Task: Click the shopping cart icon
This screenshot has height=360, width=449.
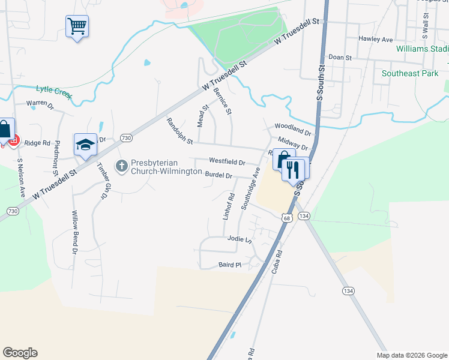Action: (x=77, y=26)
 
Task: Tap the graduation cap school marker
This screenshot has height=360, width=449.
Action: (x=85, y=145)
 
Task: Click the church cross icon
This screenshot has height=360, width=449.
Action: (x=122, y=165)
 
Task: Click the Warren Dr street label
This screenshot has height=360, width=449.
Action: (x=40, y=104)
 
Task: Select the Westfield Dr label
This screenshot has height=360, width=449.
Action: (x=227, y=162)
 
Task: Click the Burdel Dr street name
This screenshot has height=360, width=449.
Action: (x=218, y=175)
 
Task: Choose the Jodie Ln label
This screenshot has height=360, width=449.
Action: (x=239, y=238)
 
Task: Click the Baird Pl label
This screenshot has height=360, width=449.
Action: (x=229, y=264)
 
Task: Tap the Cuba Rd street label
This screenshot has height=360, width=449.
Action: (x=277, y=262)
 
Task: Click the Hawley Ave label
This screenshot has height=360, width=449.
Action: (x=375, y=40)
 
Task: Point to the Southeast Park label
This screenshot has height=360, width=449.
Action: (x=410, y=74)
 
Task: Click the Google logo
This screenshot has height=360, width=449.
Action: (x=20, y=353)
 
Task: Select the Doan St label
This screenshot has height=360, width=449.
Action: (x=340, y=56)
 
